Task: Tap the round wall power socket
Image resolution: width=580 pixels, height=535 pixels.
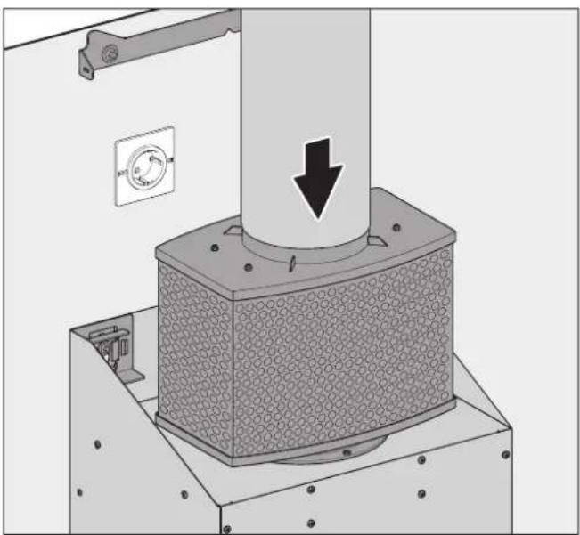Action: pos(143,166)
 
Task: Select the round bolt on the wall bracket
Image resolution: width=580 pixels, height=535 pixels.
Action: pos(109,54)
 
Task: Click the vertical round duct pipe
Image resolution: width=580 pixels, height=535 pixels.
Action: pos(302,107)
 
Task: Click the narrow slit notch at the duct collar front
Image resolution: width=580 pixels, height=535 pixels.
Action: pos(292,262)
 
